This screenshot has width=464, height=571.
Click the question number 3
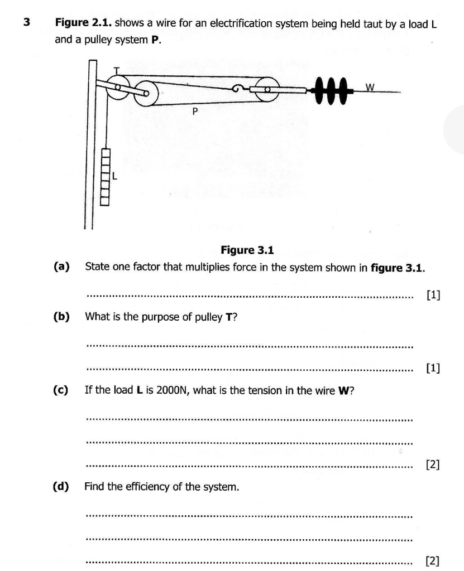(x=26, y=22)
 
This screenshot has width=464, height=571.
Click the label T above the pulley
(x=117, y=70)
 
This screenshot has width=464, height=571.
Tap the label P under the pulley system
(x=195, y=112)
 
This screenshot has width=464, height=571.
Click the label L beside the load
(x=115, y=177)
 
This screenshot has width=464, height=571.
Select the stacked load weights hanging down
(x=105, y=177)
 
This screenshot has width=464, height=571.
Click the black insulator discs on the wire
(x=332, y=90)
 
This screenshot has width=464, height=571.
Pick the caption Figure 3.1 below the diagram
(x=247, y=250)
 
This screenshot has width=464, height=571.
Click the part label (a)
(x=61, y=267)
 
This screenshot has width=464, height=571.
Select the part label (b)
(x=61, y=317)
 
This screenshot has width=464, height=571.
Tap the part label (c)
(x=61, y=390)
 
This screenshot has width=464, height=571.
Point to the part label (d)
(x=61, y=487)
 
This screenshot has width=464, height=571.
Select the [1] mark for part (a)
(x=433, y=295)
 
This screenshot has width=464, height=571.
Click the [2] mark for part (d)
(x=433, y=561)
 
